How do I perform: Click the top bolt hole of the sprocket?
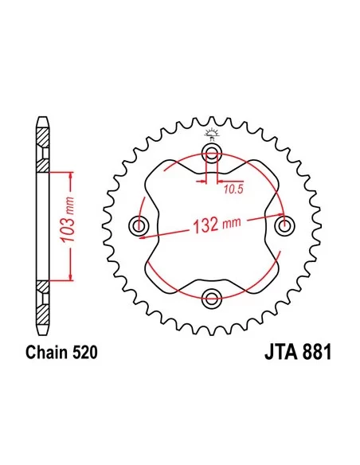[212, 154]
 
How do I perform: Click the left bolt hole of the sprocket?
[139, 226]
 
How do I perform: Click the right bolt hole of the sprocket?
[285, 226]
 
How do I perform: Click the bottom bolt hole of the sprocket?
[212, 299]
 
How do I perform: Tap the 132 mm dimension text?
[217, 225]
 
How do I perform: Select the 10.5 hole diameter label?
[233, 189]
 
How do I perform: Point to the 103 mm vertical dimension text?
[68, 220]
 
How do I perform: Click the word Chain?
[47, 352]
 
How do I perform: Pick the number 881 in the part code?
[316, 352]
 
